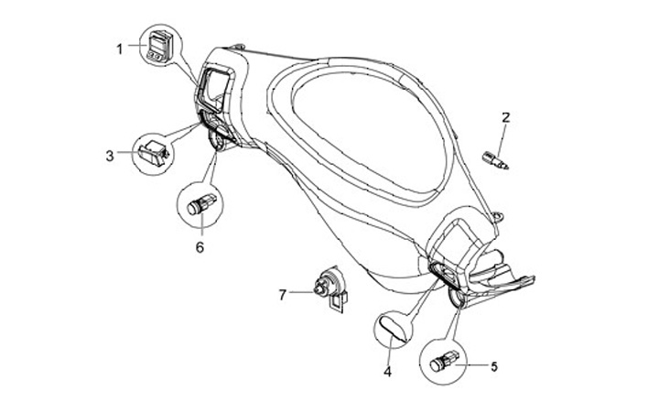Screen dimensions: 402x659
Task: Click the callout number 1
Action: pyautogui.click(x=119, y=49)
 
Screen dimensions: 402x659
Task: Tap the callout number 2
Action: pyautogui.click(x=504, y=117)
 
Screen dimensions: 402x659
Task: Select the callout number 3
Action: pyautogui.click(x=110, y=156)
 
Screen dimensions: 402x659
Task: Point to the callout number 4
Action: pyautogui.click(x=387, y=372)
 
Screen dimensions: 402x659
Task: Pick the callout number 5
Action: pyautogui.click(x=493, y=367)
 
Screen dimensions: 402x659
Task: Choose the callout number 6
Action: pyautogui.click(x=200, y=246)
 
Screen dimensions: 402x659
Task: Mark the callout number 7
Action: pyautogui.click(x=284, y=294)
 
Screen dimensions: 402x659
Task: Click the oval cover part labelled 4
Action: pyautogui.click(x=393, y=326)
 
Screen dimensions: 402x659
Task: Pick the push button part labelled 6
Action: pyautogui.click(x=201, y=204)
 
